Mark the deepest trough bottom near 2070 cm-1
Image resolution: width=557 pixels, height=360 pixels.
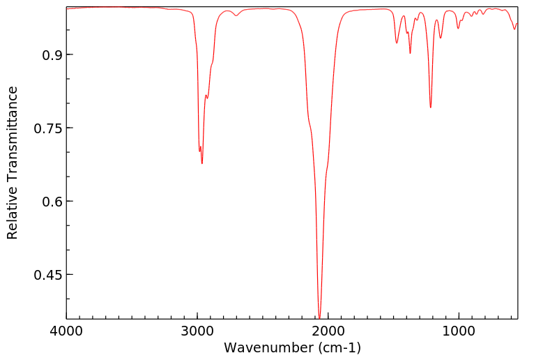(x=319, y=317)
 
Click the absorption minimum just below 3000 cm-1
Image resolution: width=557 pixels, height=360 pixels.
(x=202, y=163)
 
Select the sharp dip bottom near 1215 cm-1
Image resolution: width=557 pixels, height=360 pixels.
(x=431, y=107)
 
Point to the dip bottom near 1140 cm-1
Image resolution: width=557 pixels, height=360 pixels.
(x=441, y=38)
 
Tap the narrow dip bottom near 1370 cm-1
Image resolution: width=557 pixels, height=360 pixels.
(x=410, y=53)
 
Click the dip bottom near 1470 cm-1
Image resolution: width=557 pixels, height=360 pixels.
(x=397, y=43)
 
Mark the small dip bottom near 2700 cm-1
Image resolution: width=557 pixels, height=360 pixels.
(x=236, y=16)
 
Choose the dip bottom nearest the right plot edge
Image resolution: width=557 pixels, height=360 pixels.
(x=514, y=29)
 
